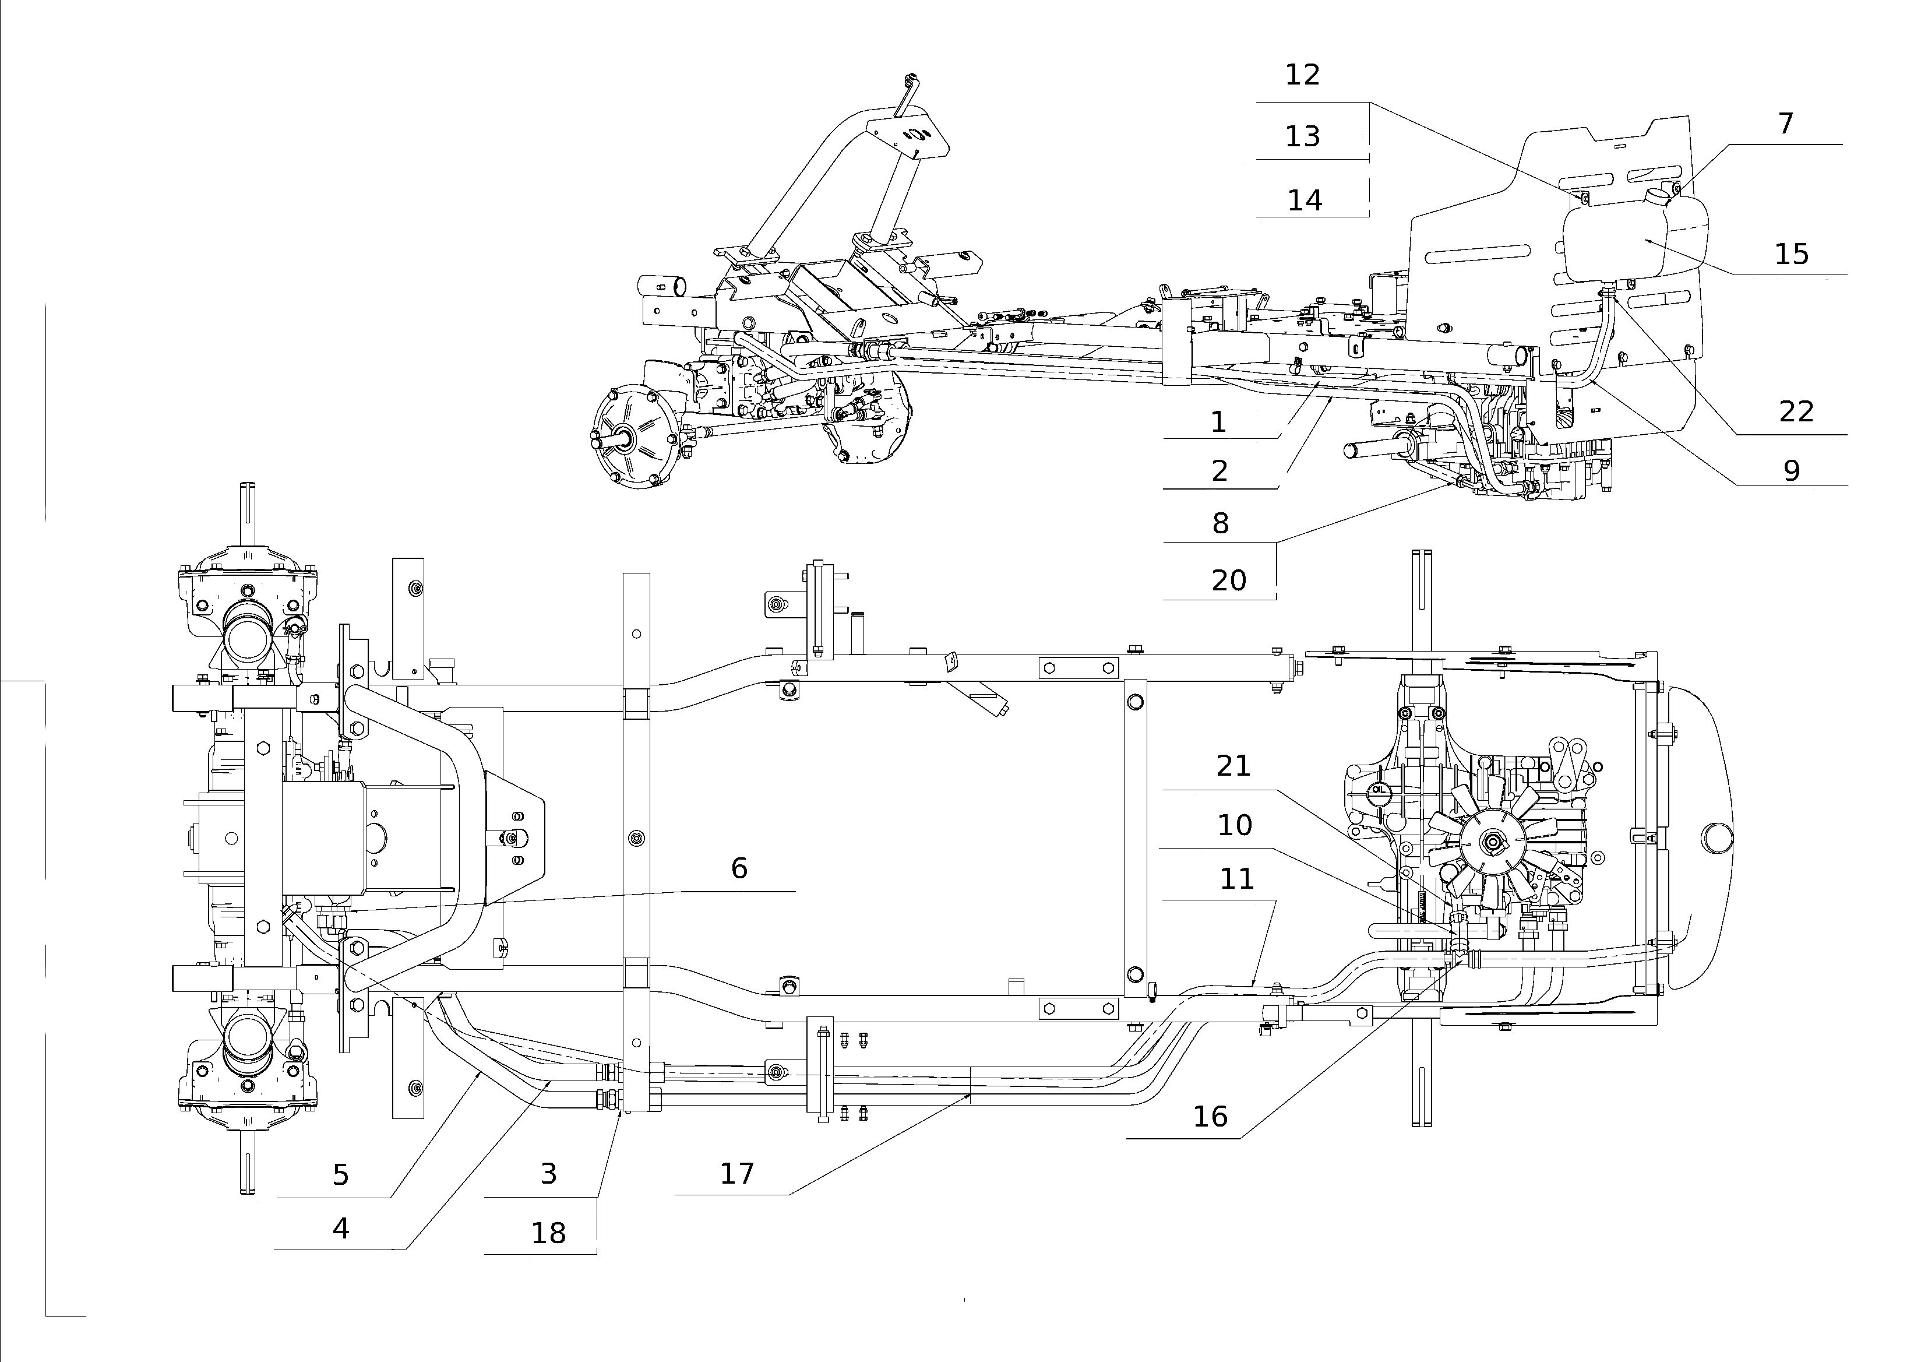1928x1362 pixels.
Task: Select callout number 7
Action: [1786, 124]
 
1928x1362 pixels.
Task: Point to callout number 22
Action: [1796, 411]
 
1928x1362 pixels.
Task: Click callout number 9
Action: [1792, 470]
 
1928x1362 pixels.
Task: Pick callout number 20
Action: [1228, 580]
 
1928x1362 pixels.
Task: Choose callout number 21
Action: [1233, 766]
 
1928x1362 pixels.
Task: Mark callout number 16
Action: [1210, 1116]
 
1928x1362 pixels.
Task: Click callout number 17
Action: [737, 1173]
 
